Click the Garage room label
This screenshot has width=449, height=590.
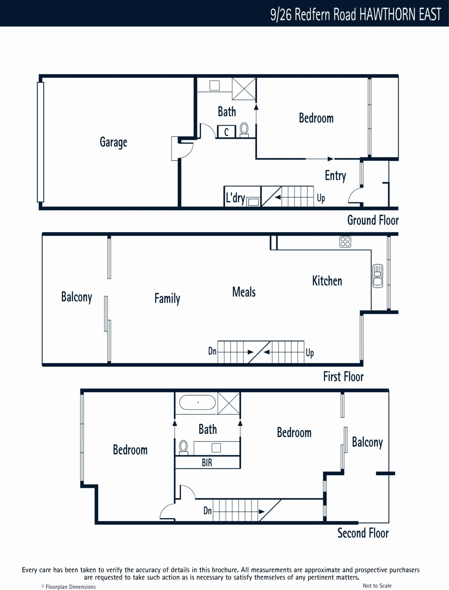113,142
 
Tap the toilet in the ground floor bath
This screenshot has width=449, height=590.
244,130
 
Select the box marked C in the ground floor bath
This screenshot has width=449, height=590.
227,132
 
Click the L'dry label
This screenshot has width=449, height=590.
235,198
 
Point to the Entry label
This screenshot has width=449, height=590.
335,176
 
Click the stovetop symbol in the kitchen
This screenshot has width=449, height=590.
345,242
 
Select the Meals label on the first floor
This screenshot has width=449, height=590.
244,292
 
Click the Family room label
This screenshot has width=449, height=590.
167,299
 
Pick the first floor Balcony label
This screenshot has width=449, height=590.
77,297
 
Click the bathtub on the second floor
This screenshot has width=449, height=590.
197,402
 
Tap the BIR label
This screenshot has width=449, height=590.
207,462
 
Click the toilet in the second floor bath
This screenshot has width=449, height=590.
184,448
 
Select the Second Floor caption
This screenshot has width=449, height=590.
363,533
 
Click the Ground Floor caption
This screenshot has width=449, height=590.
373,220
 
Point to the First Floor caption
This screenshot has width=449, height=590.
343,376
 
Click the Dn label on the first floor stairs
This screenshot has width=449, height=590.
212,351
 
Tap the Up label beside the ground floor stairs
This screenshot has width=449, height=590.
321,198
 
